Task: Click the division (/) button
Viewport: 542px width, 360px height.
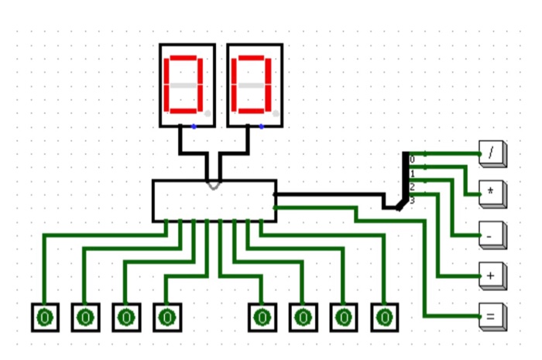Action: tap(491, 153)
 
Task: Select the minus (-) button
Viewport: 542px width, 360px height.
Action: tap(491, 234)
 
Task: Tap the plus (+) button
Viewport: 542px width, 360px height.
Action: tap(491, 275)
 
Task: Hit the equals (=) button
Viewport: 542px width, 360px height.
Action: tap(491, 316)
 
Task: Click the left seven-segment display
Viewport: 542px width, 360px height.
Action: tap(187, 84)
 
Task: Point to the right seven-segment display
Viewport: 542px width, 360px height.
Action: tap(254, 84)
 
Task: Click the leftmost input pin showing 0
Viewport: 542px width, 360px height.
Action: tap(45, 317)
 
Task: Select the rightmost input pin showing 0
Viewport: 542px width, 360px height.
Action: tap(384, 317)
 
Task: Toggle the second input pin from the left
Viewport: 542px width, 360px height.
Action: tap(86, 317)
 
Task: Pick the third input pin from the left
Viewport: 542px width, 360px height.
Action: tap(126, 317)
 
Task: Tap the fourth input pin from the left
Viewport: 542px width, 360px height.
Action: tap(166, 317)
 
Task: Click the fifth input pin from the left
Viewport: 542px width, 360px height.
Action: tap(262, 317)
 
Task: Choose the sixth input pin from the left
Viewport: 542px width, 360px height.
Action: tap(304, 317)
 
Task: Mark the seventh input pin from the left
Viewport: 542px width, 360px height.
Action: tap(344, 317)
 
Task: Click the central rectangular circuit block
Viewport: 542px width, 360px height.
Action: tap(214, 201)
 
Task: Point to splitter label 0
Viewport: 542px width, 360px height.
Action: tap(412, 159)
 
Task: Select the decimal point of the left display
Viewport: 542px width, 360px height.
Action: tap(208, 114)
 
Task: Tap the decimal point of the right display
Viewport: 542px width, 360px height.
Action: tap(275, 114)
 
